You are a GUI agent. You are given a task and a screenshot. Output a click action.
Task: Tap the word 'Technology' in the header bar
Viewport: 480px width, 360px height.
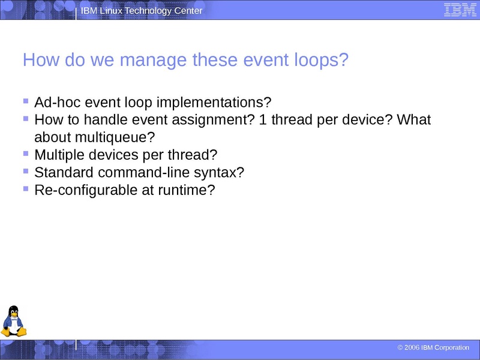point(148,11)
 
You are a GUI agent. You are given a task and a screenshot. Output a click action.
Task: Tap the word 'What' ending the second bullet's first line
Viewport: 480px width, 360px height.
point(414,119)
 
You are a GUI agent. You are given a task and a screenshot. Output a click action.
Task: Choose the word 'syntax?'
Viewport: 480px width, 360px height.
point(221,173)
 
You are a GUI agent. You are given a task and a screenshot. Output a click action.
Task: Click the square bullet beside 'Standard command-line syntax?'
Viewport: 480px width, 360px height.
point(25,171)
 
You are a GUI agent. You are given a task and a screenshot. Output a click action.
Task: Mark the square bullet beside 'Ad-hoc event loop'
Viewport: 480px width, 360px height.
point(25,100)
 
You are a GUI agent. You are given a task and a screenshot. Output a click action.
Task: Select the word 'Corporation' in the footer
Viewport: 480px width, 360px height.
point(452,348)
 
